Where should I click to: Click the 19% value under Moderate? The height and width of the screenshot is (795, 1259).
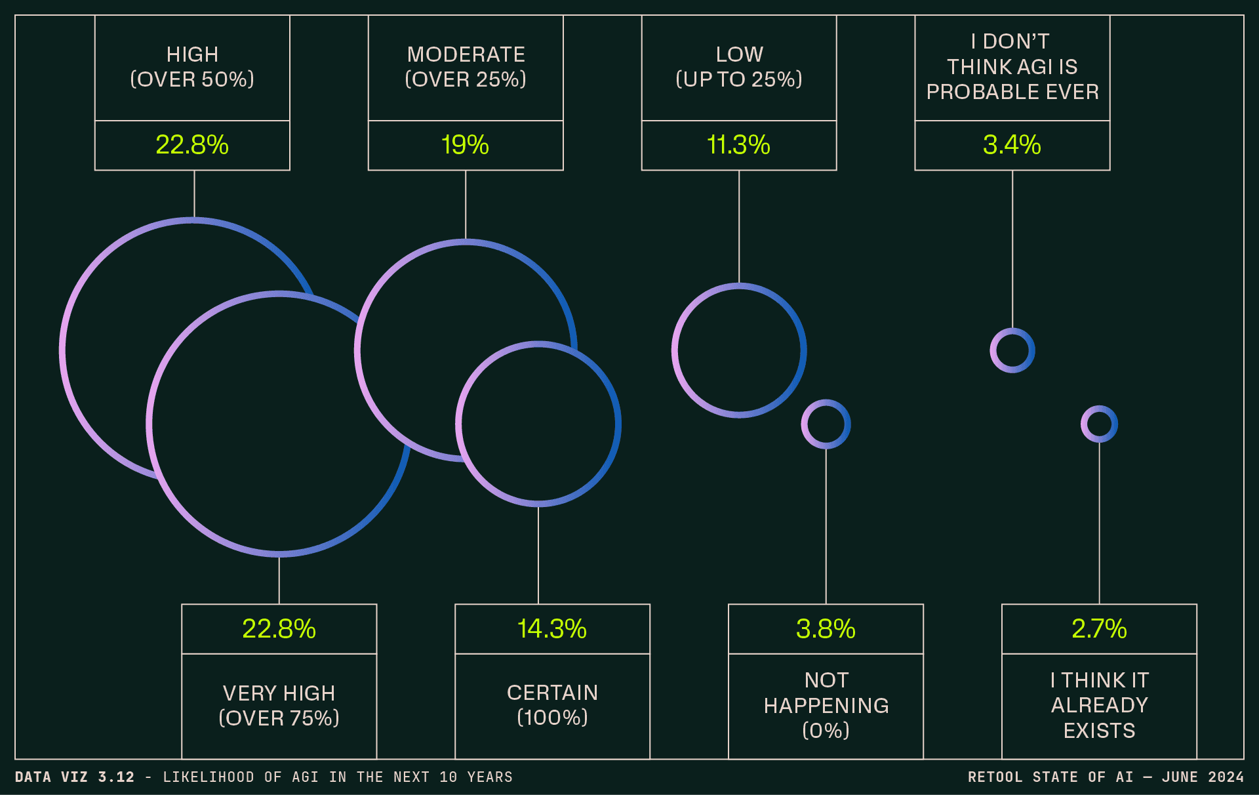[x=465, y=145]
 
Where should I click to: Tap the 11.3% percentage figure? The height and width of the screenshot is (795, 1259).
[x=738, y=145]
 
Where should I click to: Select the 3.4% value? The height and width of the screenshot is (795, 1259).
[x=1012, y=145]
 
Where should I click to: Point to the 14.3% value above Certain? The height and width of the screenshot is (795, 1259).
[x=552, y=629]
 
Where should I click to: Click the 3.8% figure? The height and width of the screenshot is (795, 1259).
[x=826, y=629]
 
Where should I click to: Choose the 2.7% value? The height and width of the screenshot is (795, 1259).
[x=1099, y=629]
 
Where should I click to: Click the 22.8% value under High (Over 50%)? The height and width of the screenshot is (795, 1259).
[x=192, y=145]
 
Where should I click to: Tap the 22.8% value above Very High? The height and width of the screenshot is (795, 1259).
[x=279, y=629]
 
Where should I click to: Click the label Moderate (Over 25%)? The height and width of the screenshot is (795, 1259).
[x=466, y=67]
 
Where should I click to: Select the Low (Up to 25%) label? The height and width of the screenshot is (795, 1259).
[x=739, y=67]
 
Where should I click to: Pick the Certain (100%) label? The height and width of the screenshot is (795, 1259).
[x=552, y=705]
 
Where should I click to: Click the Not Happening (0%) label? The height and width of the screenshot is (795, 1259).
[x=826, y=705]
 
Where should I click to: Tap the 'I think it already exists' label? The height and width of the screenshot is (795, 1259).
[x=1099, y=705]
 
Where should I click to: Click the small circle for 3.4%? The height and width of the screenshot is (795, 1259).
[x=1012, y=350]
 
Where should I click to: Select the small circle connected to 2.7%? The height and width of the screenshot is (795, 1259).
[x=1099, y=424]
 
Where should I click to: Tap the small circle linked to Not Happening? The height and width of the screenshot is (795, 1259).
[x=826, y=424]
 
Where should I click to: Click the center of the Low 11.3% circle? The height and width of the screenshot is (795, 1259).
[x=739, y=350]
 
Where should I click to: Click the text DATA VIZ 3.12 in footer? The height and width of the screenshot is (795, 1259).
[x=74, y=777]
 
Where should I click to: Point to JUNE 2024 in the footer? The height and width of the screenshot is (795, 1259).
[x=1203, y=777]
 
